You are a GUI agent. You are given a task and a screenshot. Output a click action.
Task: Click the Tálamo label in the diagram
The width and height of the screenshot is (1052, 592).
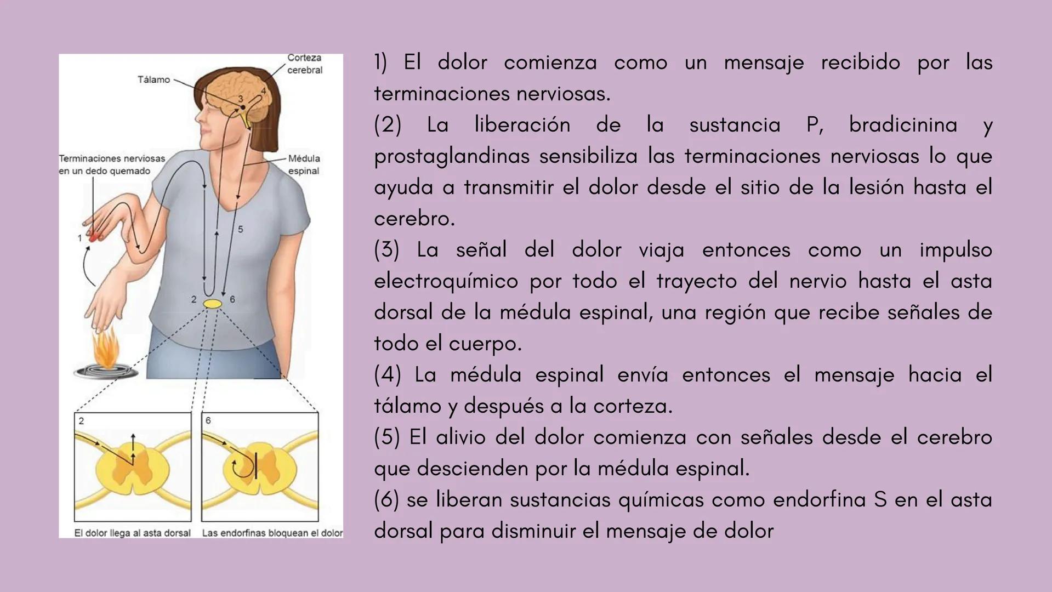click(x=153, y=80)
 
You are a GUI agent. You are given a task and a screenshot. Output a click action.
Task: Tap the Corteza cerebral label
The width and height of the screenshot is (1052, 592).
click(x=305, y=64)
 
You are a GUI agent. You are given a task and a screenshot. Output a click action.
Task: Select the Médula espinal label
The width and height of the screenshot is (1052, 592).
click(x=304, y=164)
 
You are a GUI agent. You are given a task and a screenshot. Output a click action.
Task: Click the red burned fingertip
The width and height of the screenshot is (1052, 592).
click(x=94, y=237)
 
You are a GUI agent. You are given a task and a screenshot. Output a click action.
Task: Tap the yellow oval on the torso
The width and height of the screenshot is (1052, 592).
click(x=212, y=304)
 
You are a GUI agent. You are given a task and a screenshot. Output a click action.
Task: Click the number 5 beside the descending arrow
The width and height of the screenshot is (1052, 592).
click(x=241, y=229)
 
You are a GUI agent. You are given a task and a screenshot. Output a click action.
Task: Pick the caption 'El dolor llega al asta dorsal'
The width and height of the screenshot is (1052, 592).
click(x=133, y=533)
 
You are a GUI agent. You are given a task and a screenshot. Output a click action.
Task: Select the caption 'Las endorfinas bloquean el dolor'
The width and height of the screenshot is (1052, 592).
click(x=272, y=533)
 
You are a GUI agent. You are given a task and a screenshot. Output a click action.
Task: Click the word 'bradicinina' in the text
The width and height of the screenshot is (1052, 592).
click(x=903, y=125)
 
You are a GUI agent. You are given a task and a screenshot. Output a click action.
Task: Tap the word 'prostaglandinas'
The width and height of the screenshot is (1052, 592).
click(x=451, y=156)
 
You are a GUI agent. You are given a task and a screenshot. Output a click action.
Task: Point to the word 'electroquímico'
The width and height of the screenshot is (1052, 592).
click(x=446, y=281)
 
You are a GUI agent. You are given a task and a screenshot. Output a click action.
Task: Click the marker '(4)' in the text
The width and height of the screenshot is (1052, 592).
click(x=388, y=375)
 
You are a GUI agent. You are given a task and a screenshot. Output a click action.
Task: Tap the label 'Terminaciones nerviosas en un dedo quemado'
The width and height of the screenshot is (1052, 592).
click(x=112, y=164)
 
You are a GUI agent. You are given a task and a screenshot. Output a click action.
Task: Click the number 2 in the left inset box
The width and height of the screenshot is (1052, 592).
click(x=81, y=421)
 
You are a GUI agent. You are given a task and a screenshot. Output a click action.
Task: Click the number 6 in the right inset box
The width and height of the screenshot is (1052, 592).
click(x=208, y=420)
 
